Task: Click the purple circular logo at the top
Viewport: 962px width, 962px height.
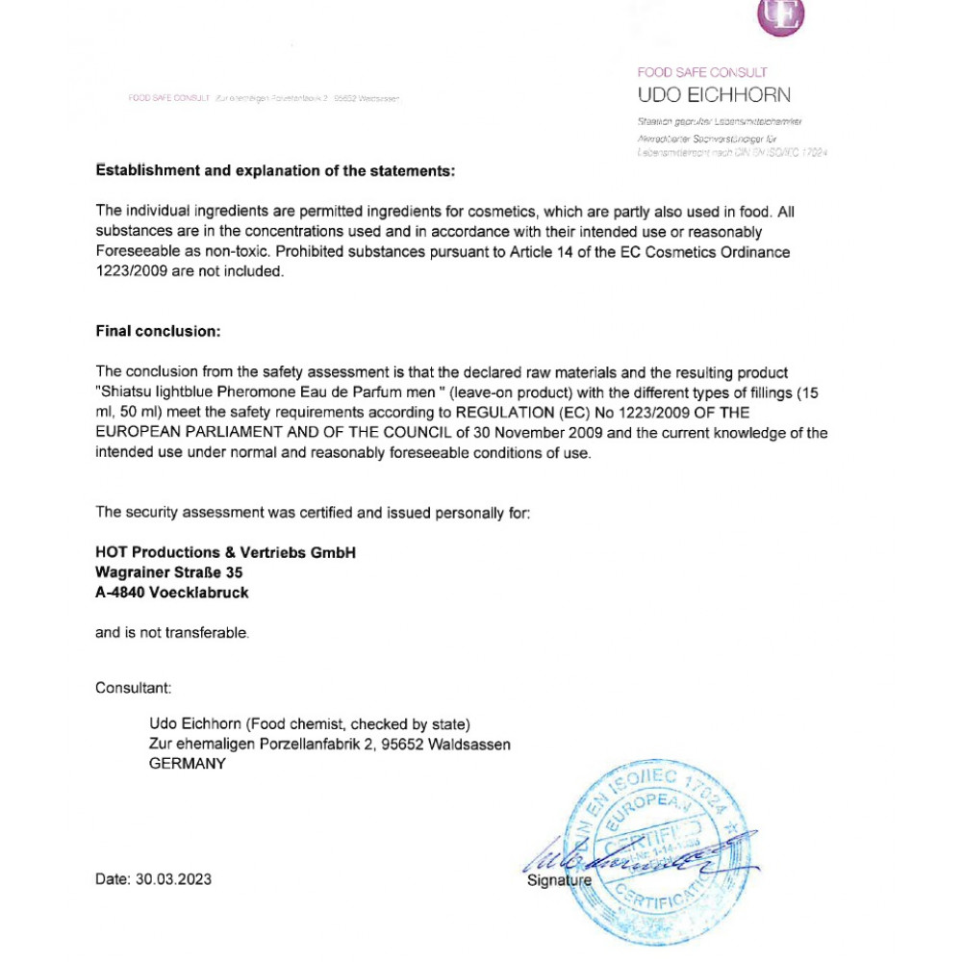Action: [x=781, y=17]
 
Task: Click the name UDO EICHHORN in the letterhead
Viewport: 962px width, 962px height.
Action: [x=714, y=95]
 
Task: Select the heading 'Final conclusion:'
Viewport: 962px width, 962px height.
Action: [x=158, y=331]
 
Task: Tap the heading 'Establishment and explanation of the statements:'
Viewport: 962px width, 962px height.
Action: [x=274, y=171]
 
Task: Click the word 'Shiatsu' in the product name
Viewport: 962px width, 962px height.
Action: [x=128, y=392]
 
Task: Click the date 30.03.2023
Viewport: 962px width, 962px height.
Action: [x=173, y=879]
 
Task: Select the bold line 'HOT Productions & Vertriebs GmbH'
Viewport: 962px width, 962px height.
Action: [x=226, y=552]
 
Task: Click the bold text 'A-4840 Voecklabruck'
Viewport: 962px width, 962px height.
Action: [x=172, y=593]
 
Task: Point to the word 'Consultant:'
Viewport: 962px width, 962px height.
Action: [x=133, y=688]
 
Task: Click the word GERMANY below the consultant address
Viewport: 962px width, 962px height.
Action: [x=188, y=764]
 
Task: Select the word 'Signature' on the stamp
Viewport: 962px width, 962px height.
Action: [x=560, y=881]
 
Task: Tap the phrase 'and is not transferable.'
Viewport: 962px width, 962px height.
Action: [x=172, y=633]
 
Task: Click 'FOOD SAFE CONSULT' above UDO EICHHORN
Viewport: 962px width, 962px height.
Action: [x=702, y=72]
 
